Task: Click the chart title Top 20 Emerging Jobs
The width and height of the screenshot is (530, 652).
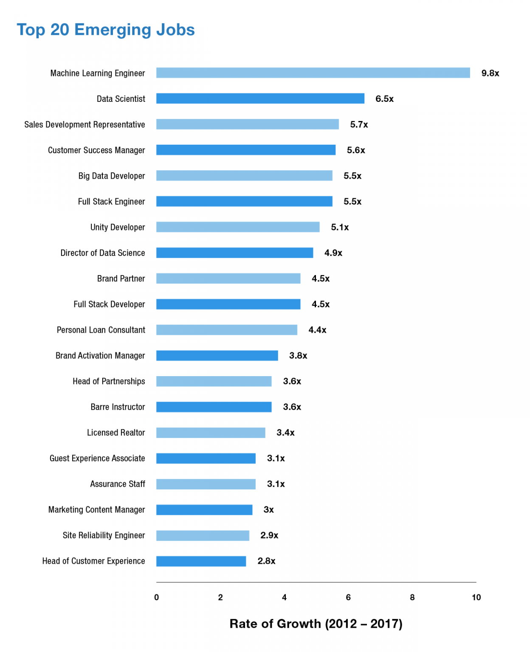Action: pos(106,30)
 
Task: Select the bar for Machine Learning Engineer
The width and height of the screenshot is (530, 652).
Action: pos(313,73)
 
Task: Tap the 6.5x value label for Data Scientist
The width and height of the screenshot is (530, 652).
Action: pos(384,99)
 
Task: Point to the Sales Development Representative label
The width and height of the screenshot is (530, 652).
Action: pos(85,124)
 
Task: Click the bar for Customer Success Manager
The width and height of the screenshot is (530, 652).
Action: pos(245,150)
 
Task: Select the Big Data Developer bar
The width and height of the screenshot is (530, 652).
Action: pos(244,176)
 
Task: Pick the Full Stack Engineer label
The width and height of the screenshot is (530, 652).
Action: pos(111,202)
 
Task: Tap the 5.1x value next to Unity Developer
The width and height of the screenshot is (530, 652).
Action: pos(340,228)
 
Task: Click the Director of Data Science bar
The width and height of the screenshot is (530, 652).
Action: pos(234,253)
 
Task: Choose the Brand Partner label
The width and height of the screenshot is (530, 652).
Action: pos(121,278)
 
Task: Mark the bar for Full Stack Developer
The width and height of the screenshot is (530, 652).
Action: pos(228,304)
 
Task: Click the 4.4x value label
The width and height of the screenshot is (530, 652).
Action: pos(317,330)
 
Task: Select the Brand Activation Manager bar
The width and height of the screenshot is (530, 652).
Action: pos(217,356)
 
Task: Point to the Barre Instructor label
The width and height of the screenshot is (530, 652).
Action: pos(118,407)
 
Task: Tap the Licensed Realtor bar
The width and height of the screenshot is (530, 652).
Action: pos(211,433)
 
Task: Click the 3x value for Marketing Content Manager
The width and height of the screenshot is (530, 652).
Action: pos(268,510)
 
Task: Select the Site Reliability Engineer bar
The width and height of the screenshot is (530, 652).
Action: pos(203,535)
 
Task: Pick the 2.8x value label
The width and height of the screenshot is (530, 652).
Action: pos(266,561)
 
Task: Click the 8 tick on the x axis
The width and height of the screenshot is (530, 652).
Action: pos(412,597)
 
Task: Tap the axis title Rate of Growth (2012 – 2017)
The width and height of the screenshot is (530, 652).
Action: pos(316,624)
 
